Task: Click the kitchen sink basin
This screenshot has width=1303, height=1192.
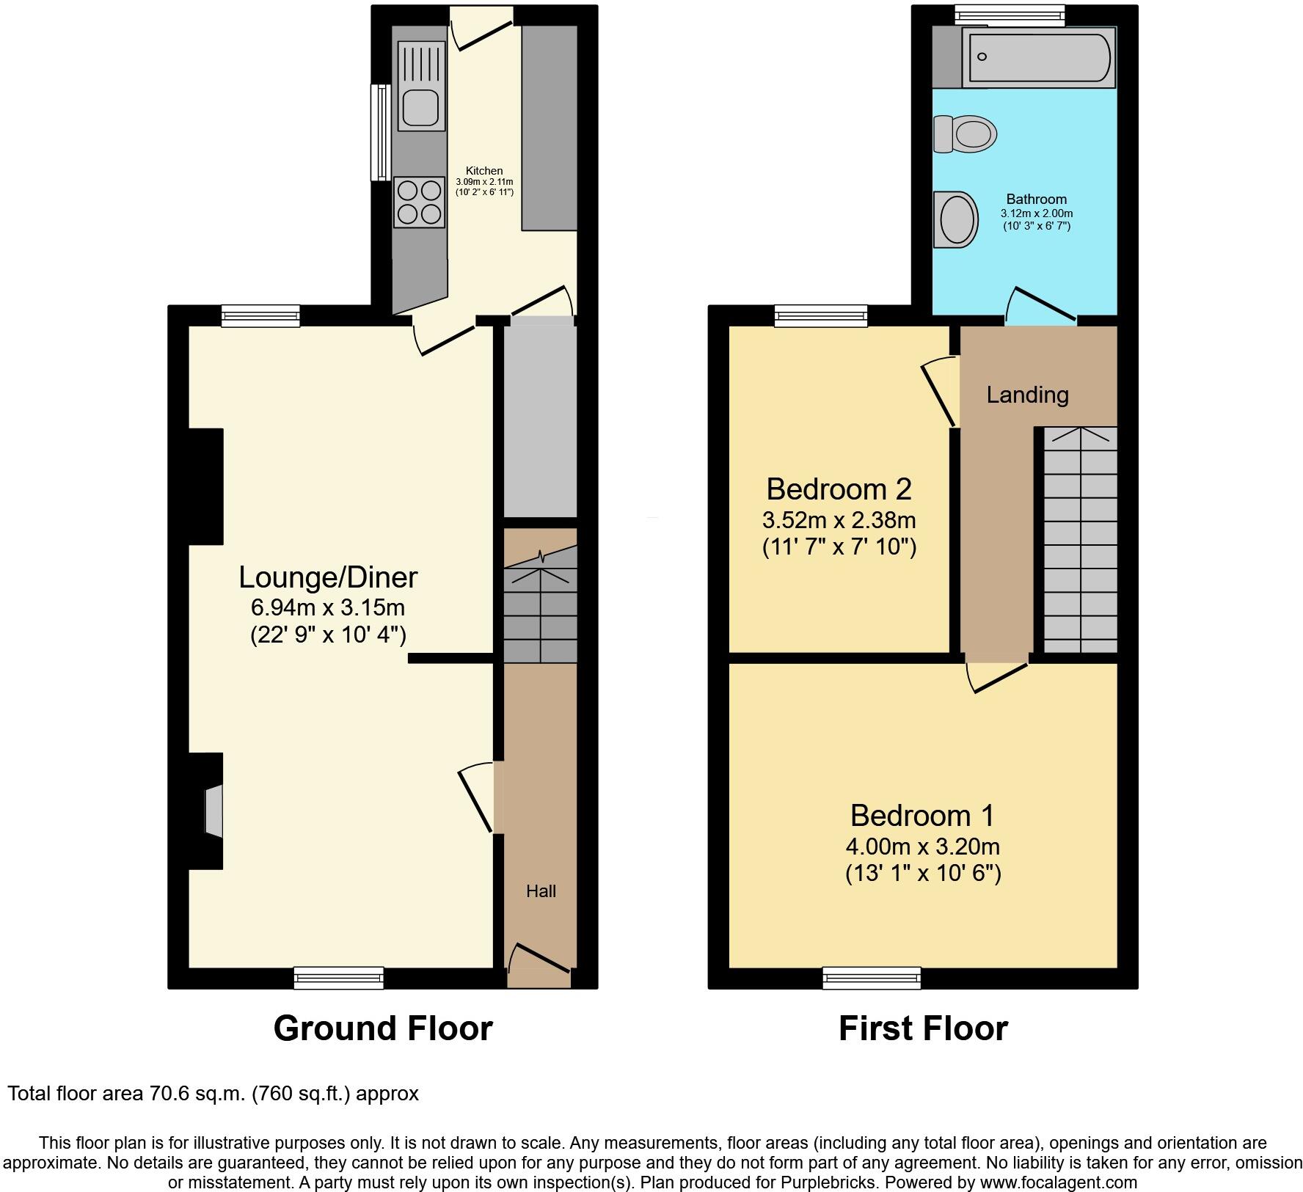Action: [420, 109]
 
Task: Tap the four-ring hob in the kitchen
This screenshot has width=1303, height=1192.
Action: [420, 202]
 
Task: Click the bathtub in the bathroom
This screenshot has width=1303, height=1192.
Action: [1038, 56]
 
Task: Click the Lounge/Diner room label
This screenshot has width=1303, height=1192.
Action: [328, 577]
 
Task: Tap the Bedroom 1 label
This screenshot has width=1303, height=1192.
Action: [922, 815]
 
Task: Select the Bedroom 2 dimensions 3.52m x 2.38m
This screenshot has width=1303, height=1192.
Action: [839, 520]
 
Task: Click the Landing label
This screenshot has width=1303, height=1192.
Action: [1027, 395]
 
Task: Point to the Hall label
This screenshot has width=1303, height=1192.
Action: [541, 891]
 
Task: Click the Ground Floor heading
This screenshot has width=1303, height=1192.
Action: [382, 1028]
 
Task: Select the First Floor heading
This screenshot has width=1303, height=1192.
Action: [922, 1028]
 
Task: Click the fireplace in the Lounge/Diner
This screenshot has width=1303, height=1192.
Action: [212, 811]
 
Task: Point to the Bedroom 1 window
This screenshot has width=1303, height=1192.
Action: [871, 977]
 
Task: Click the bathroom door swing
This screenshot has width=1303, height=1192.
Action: [1040, 304]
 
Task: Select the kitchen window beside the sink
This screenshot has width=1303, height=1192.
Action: [381, 132]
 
